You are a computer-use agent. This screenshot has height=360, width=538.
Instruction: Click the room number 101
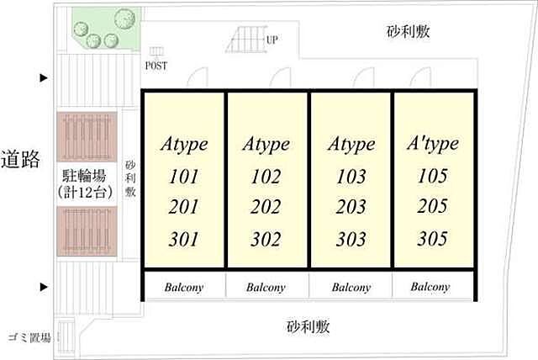184,177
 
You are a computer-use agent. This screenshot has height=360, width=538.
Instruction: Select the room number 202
266,207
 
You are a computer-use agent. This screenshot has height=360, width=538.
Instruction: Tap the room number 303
351,239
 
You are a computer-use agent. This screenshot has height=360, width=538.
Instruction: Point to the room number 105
433,176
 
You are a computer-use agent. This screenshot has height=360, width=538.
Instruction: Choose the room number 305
433,239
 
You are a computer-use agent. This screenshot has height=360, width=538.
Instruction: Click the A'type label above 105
433,144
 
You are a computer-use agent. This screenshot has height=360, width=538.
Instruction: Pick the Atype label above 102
266,144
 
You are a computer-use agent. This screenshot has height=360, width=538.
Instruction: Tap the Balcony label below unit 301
184,288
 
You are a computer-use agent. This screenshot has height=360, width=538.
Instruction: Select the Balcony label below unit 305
430,287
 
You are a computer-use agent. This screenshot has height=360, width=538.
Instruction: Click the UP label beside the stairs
272,40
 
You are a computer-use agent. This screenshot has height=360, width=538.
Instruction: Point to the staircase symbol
245,41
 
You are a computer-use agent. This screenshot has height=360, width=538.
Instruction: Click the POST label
156,66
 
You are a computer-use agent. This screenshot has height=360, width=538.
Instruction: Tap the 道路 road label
20,160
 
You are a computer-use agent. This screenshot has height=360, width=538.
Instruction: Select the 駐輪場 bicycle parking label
84,176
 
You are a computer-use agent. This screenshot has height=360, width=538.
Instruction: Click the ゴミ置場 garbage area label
29,337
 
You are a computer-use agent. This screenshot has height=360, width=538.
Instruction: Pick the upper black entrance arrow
44,78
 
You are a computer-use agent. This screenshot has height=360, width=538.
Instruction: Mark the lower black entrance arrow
44,287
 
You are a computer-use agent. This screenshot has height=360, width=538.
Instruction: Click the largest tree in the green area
124,19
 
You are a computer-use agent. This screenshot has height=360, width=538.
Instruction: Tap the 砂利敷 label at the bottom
309,326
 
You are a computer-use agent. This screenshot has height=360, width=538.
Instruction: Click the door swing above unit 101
198,77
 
